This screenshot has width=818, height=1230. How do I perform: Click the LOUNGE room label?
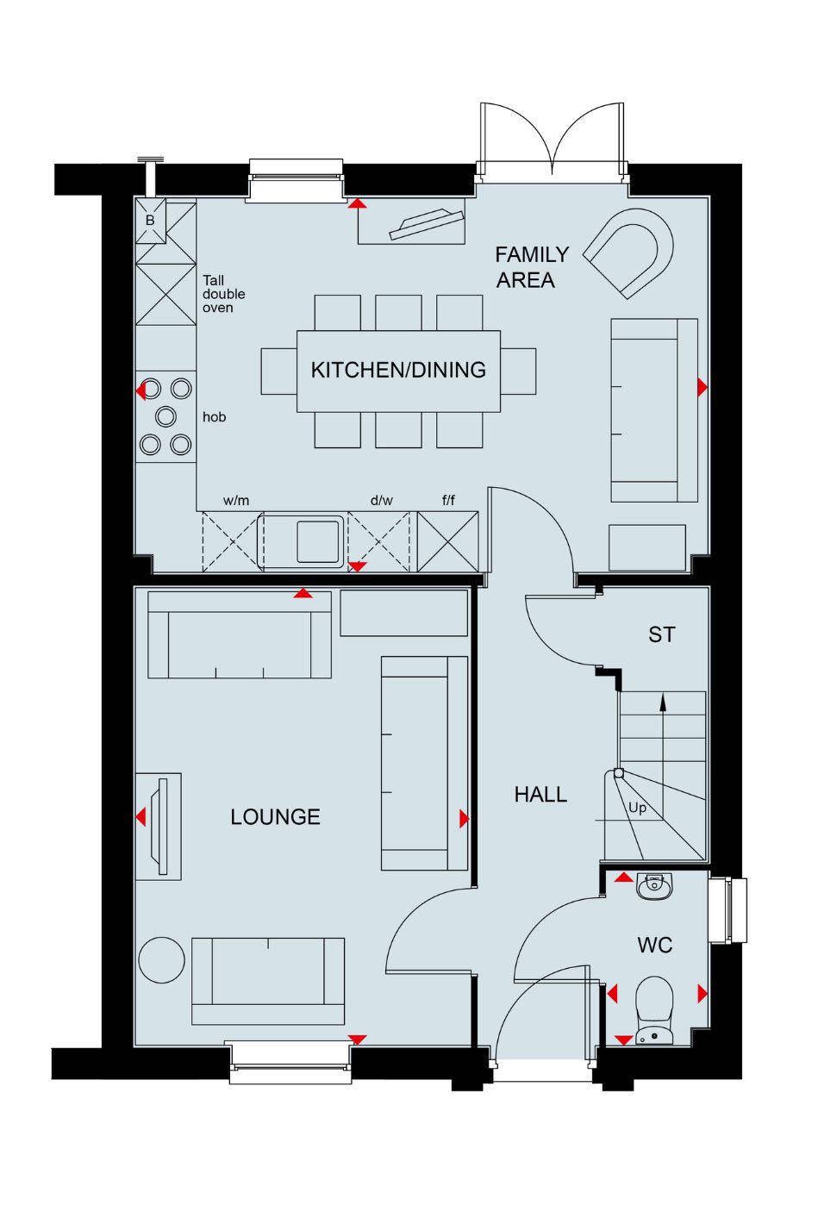[275, 817]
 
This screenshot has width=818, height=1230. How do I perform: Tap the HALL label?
[540, 795]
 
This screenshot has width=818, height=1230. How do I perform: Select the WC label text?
[654, 945]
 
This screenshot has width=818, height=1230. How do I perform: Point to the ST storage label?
[661, 634]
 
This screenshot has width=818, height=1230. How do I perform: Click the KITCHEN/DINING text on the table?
[398, 370]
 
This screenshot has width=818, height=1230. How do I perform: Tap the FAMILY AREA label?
[532, 267]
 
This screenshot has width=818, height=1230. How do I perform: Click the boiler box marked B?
[151, 221]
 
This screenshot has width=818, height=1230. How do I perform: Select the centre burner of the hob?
[165, 416]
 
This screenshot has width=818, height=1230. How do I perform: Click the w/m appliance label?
[236, 500]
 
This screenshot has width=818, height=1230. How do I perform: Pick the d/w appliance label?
[382, 500]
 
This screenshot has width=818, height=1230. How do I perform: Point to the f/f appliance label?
[448, 500]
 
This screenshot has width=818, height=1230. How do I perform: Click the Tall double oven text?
[223, 294]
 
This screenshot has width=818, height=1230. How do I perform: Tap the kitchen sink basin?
[318, 541]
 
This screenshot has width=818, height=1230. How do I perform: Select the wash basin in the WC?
[654, 886]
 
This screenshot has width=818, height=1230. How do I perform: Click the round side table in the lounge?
[161, 960]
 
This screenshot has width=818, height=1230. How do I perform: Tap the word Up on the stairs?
[637, 809]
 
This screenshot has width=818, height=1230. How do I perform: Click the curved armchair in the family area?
[628, 253]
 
